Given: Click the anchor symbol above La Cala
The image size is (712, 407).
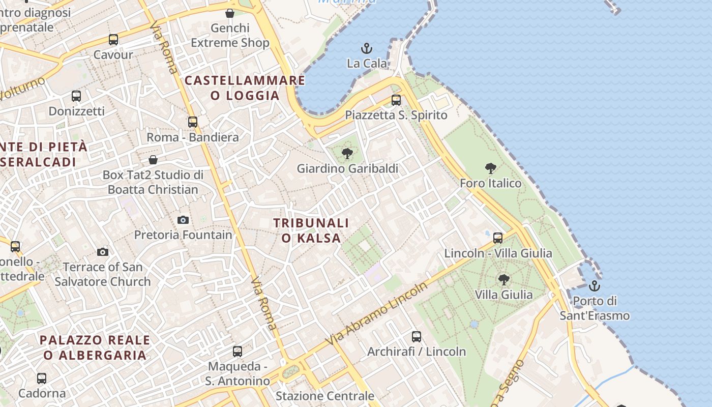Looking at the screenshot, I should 367,49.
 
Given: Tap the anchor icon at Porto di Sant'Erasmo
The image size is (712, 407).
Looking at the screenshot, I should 595,286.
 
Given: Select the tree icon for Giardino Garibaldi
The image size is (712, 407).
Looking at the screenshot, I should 347,153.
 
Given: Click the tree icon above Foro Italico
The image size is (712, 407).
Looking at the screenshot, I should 491,168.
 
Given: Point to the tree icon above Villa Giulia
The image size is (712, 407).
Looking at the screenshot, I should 503,279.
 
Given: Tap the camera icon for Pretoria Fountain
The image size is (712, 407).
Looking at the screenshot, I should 183,220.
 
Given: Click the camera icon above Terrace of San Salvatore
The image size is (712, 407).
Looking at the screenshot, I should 103,252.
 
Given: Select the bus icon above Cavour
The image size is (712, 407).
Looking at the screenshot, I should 113,40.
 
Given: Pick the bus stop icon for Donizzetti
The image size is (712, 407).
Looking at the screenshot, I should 76,96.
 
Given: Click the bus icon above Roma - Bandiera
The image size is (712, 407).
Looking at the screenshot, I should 193,122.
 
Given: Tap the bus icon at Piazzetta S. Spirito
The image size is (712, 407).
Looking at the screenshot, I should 396,100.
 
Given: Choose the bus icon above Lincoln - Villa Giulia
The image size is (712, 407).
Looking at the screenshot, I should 498,238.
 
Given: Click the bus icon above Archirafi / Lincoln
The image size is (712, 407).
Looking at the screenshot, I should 417,336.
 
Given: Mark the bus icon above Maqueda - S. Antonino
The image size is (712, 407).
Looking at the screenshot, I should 238,351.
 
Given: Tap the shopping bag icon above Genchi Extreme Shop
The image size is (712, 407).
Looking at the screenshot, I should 230,13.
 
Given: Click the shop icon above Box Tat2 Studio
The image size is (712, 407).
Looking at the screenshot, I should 153,160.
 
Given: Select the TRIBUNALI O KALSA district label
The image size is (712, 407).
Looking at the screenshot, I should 311,230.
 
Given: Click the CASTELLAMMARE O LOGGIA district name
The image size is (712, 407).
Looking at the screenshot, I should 245,88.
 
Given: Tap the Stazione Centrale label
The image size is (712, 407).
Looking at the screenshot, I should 325,396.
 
